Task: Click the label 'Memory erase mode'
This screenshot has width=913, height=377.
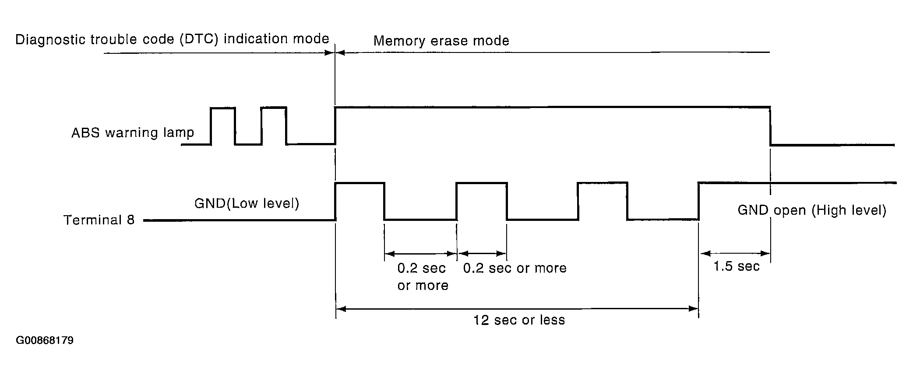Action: (x=441, y=41)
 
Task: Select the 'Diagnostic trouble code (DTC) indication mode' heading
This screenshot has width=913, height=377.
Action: (x=172, y=39)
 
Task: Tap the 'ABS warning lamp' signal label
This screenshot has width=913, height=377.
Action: (x=133, y=133)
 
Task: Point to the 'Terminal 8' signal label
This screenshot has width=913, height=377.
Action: (x=99, y=220)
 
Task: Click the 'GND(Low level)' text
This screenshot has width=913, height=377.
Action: (x=247, y=203)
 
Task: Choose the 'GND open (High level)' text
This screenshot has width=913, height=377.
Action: (x=812, y=210)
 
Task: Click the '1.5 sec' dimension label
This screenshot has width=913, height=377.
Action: (x=737, y=266)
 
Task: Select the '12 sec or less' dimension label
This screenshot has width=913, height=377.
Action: (x=519, y=320)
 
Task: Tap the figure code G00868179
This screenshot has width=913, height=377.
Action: (x=45, y=340)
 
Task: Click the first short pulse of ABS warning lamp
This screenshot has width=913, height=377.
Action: (x=223, y=108)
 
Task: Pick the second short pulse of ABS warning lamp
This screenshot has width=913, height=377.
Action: (x=274, y=108)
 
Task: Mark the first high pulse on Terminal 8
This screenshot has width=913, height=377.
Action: (x=360, y=184)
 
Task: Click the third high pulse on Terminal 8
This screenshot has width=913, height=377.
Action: (x=603, y=183)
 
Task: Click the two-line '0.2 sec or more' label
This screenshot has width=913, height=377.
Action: (x=423, y=277)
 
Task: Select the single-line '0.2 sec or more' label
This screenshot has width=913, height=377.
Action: (x=515, y=268)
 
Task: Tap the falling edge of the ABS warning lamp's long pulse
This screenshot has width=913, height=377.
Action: (x=770, y=126)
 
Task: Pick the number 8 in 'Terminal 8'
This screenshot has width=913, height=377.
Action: (x=130, y=220)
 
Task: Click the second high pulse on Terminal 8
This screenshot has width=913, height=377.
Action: (x=481, y=184)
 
